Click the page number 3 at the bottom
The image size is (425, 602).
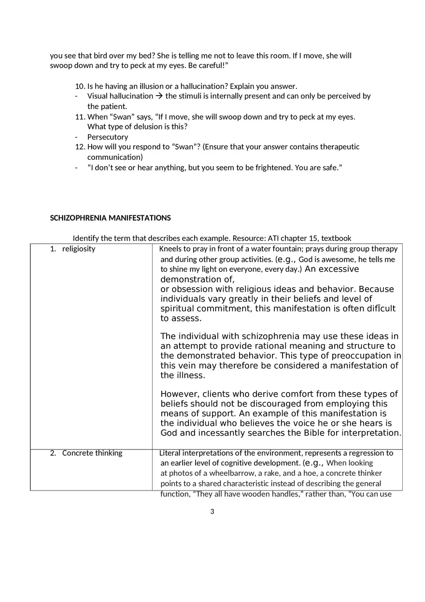click(x=212, y=512)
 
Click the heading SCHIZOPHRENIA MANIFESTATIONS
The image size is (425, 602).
click(x=110, y=218)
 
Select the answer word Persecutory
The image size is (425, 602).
click(x=108, y=137)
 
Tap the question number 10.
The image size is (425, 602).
click(x=80, y=86)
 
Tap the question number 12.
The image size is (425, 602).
click(x=80, y=146)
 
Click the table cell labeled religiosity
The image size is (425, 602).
click(x=78, y=249)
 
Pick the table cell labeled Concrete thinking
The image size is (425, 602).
click(x=92, y=453)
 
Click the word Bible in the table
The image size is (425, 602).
click(x=314, y=433)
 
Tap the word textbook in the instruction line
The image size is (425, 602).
click(x=336, y=238)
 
